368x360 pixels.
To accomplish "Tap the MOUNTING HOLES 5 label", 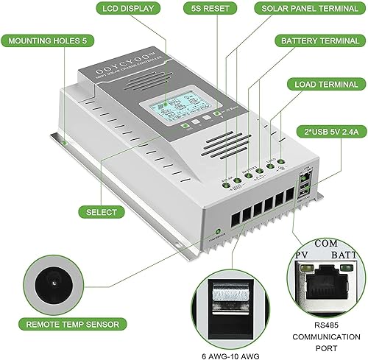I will (43, 43).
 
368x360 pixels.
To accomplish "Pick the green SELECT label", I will (102, 212).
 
